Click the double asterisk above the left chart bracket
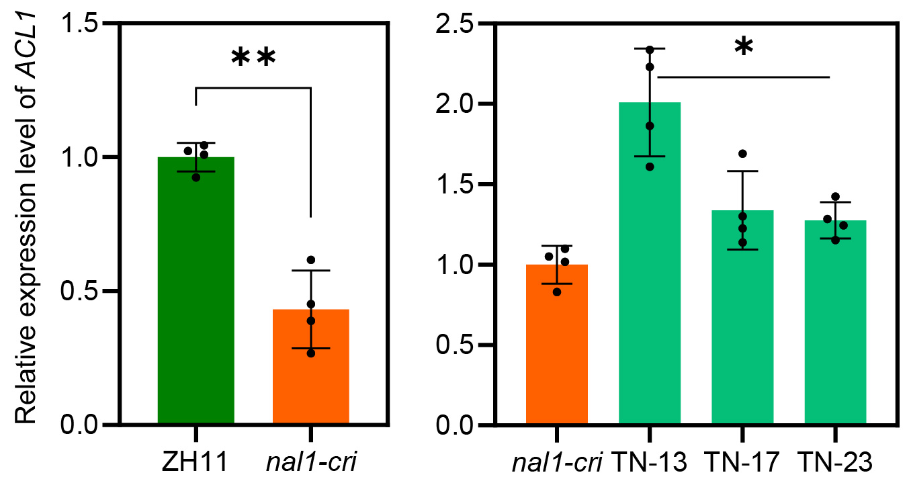[x=253, y=59]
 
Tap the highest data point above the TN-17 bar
[x=742, y=154]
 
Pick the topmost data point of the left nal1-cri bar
[x=310, y=260]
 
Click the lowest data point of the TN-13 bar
[x=649, y=166]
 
